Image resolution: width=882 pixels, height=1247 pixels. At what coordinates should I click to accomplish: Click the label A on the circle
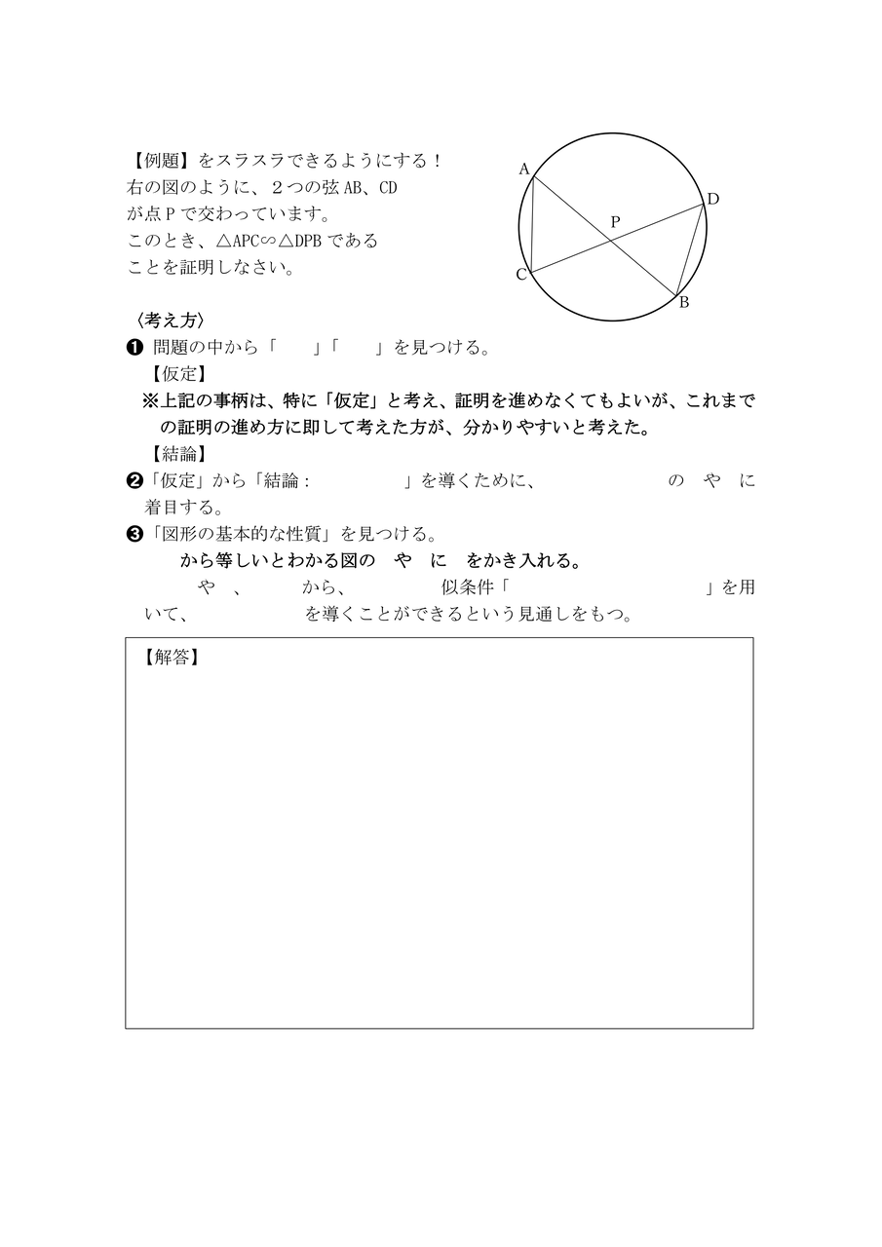click(523, 169)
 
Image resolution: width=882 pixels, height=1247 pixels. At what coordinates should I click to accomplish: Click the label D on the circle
click(712, 200)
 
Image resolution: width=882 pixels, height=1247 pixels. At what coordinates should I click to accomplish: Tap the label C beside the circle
click(521, 275)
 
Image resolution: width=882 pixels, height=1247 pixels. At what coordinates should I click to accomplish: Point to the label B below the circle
click(683, 302)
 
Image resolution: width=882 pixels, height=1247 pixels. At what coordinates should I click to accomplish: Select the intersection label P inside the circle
click(614, 222)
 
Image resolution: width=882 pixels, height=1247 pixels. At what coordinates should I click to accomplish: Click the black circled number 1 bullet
click(134, 347)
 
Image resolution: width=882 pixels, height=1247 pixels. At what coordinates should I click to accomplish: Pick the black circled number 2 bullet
click(135, 480)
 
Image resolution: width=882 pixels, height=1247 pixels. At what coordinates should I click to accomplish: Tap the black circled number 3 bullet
click(135, 534)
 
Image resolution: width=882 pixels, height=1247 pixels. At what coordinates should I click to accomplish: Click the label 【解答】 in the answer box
click(171, 658)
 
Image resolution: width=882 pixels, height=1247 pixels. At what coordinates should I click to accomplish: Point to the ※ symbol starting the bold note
click(151, 400)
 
